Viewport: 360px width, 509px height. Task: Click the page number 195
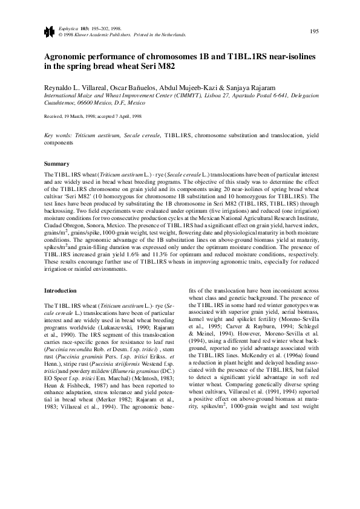click(x=314, y=31)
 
